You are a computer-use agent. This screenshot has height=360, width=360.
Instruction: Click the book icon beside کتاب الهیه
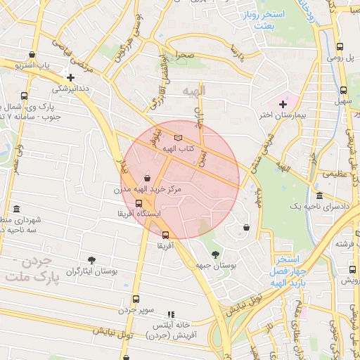[x=178, y=138]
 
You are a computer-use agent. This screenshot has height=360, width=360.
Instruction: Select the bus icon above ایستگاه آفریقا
[x=138, y=203]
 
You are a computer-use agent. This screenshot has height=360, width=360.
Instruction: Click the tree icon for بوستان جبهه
[x=214, y=254]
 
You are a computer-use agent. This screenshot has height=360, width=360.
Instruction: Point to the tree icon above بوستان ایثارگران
[x=91, y=259]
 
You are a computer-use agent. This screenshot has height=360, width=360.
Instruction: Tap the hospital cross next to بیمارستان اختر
[x=283, y=104]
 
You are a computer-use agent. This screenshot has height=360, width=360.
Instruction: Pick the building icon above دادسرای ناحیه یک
[x=320, y=195]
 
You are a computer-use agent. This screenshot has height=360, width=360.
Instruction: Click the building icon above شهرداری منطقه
[x=16, y=210]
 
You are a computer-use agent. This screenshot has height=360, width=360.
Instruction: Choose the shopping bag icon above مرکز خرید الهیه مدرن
[x=146, y=179]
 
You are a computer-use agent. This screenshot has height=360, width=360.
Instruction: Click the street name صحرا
[x=185, y=54]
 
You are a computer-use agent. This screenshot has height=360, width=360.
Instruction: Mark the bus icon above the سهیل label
[x=343, y=90]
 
